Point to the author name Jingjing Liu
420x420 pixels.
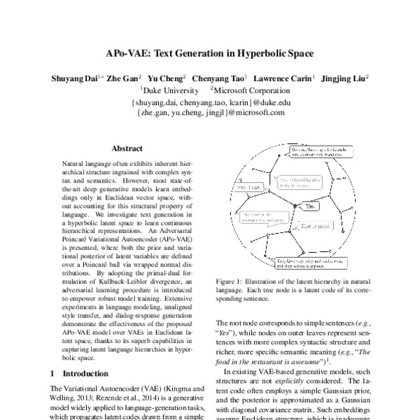click(344, 78)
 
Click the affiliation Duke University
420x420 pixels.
click(168, 90)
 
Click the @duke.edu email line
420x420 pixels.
click(209, 101)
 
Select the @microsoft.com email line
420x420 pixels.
click(209, 112)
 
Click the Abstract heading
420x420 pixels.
click(127, 148)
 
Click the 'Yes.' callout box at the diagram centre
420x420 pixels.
click(307, 207)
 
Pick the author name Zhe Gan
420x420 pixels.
click(129, 78)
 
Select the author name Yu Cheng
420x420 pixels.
click(170, 78)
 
